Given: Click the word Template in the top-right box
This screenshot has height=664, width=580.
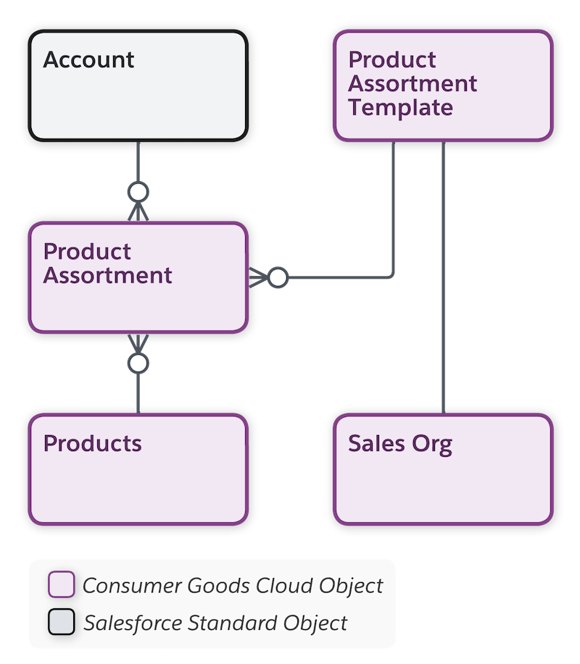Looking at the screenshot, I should [x=400, y=108].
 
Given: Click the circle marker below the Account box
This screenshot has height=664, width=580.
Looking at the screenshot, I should [x=138, y=192].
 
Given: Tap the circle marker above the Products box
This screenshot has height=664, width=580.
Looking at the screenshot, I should [x=138, y=363].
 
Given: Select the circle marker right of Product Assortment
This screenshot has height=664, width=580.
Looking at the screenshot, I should [x=278, y=277].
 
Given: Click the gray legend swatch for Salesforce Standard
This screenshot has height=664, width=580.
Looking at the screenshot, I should [x=61, y=622].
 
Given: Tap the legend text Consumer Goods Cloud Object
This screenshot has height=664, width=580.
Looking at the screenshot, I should [x=233, y=585].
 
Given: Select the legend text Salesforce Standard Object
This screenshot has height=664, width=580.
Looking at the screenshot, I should [x=215, y=622].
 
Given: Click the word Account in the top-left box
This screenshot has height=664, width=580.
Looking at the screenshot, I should [x=88, y=59].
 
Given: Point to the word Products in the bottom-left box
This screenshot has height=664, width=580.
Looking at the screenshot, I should [x=92, y=443].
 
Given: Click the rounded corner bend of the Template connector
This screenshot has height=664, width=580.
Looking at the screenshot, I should [x=392, y=275].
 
